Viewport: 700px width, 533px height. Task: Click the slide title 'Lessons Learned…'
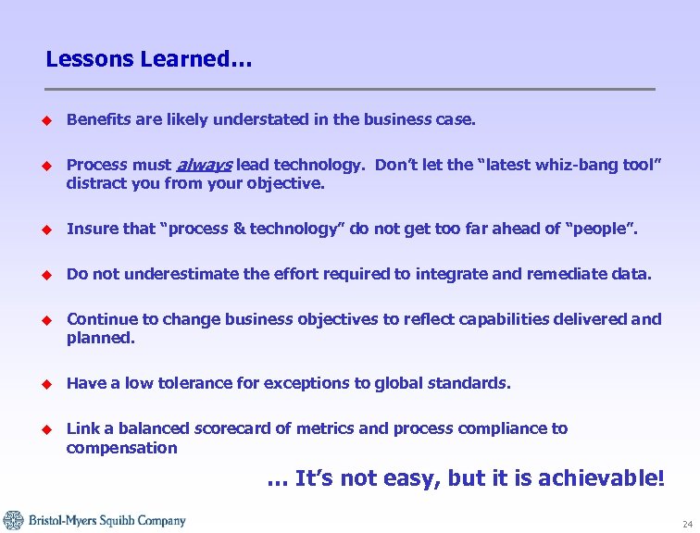(x=148, y=60)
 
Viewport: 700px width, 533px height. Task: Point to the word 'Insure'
(x=91, y=229)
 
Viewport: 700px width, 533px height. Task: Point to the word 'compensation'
(x=121, y=448)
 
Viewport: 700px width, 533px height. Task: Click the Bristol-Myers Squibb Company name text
(x=106, y=521)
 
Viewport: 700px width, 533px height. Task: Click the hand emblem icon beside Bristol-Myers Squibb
(x=13, y=520)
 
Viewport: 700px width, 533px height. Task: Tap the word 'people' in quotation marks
(x=594, y=229)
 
